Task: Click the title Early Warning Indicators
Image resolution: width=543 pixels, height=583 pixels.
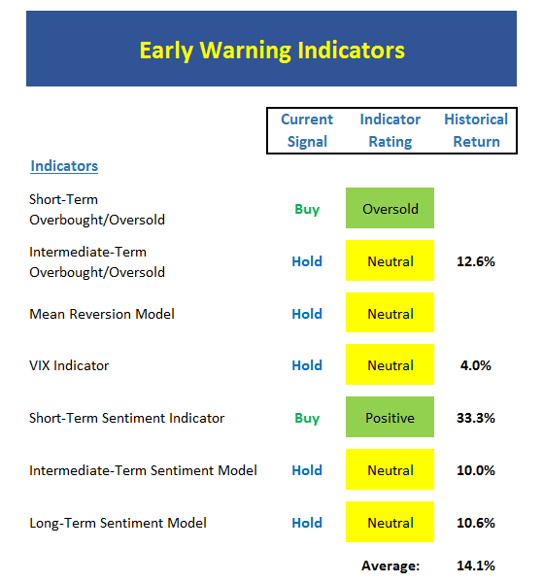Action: click(x=272, y=51)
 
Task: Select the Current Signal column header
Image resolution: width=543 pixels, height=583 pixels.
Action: click(x=307, y=130)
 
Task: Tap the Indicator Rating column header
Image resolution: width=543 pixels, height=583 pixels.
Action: click(x=390, y=130)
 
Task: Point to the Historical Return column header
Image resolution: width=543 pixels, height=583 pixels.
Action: click(x=476, y=130)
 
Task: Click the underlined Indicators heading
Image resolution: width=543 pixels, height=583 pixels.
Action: click(x=64, y=166)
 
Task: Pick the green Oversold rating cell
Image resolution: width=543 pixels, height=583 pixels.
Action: click(x=390, y=208)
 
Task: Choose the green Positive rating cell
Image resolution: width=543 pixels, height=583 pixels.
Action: click(x=390, y=417)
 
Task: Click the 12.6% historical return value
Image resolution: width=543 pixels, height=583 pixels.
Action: click(x=476, y=261)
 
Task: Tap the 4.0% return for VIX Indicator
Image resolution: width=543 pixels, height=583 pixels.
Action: click(x=476, y=365)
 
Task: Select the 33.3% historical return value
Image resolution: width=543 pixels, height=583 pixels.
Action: click(x=476, y=418)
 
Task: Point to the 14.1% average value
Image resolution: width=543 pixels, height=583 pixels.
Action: click(x=476, y=566)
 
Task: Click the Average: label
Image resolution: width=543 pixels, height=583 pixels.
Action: click(x=390, y=566)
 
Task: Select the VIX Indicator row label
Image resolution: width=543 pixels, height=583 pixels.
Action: click(x=69, y=365)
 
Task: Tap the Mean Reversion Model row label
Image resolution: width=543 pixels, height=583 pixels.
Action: click(x=102, y=314)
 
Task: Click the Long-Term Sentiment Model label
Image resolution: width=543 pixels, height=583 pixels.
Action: click(x=118, y=523)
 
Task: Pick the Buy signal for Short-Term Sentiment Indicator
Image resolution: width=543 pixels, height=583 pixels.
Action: click(x=307, y=418)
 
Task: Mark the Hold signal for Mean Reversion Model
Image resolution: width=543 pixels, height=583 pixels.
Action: click(x=307, y=314)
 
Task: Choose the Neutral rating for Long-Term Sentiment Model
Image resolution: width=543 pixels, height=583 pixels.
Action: click(x=390, y=522)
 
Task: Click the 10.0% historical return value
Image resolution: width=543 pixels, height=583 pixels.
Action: click(x=476, y=470)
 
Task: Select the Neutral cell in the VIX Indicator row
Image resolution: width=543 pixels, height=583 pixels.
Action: click(x=390, y=364)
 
